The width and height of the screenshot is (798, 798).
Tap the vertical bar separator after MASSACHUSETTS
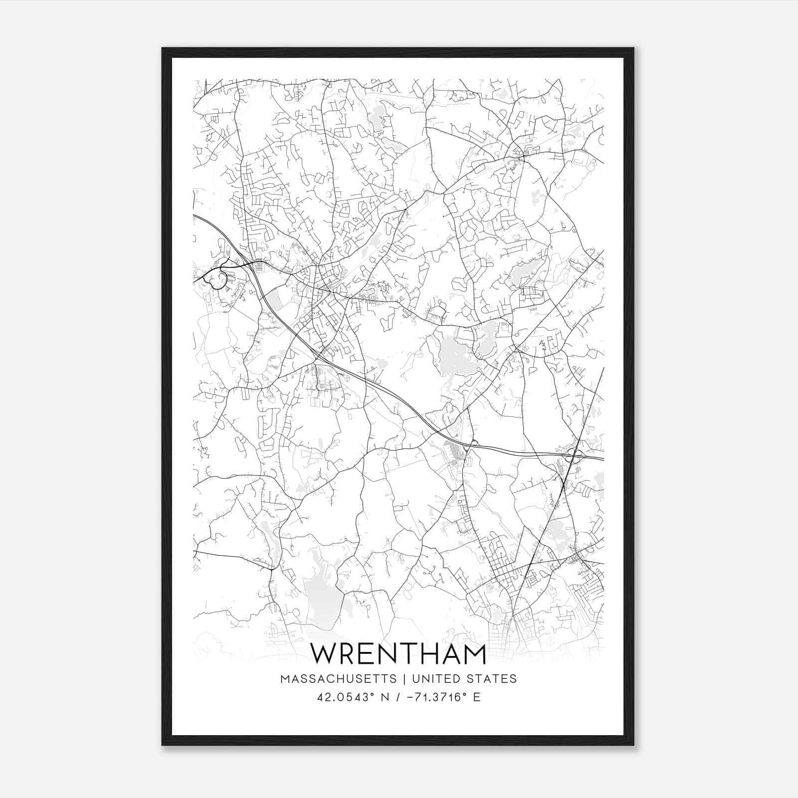[404, 679]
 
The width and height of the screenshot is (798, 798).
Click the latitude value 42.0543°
[345, 697]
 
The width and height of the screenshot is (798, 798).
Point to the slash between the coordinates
[398, 697]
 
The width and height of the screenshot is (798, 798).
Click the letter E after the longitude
[477, 697]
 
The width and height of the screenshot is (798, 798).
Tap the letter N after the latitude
[385, 697]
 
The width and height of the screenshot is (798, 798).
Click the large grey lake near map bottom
[323, 598]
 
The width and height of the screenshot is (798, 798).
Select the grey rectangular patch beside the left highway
[273, 301]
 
